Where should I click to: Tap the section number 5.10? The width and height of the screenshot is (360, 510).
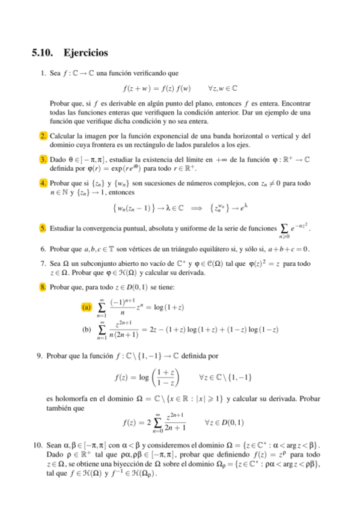(43, 53)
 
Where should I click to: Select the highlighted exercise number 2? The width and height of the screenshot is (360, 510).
(44, 136)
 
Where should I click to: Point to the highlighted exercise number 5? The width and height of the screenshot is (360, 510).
(44, 229)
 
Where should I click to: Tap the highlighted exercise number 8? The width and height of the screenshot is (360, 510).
(44, 287)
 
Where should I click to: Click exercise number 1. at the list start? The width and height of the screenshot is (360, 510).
(44, 73)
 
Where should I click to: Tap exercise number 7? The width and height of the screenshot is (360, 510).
(44, 263)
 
